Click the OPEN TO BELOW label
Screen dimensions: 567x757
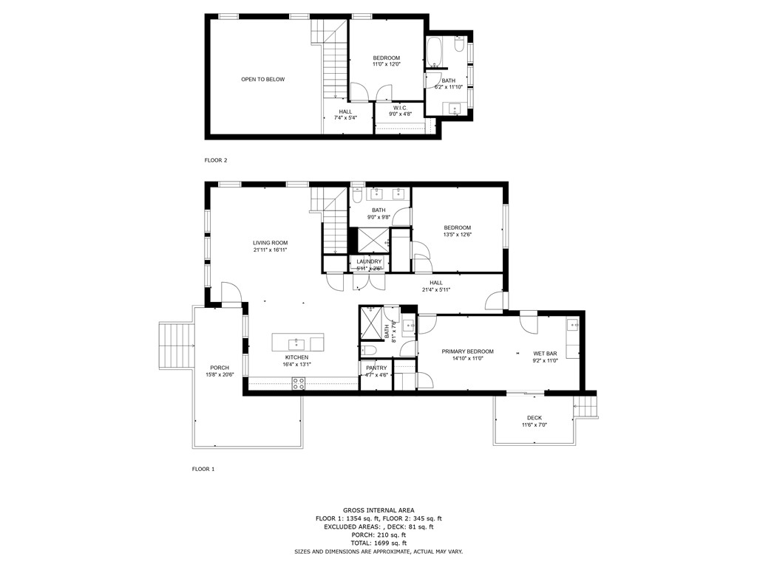pyautogui.click(x=262, y=79)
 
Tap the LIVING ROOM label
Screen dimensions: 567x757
pyautogui.click(x=270, y=242)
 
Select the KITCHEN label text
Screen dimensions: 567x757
pyautogui.click(x=296, y=357)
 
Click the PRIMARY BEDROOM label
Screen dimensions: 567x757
pyautogui.click(x=467, y=351)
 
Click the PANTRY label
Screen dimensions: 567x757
pyautogui.click(x=376, y=368)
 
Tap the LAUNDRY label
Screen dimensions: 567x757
pyautogui.click(x=369, y=261)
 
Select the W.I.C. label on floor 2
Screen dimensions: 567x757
pyautogui.click(x=401, y=108)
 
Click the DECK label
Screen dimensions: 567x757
pyautogui.click(x=534, y=418)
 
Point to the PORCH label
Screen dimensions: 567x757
pyautogui.click(x=219, y=368)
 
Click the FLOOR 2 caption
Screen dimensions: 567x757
pyautogui.click(x=216, y=159)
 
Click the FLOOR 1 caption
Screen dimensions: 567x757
pyautogui.click(x=203, y=469)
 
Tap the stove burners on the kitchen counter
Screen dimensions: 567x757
pyautogui.click(x=299, y=382)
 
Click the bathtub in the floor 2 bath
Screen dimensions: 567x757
pyautogui.click(x=434, y=53)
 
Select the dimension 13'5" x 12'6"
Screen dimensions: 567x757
pyautogui.click(x=457, y=235)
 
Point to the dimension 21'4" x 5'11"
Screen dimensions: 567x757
pyautogui.click(x=436, y=289)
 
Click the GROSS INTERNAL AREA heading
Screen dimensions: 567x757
pyautogui.click(x=378, y=510)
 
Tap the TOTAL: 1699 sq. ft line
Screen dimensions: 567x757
pyautogui.click(x=378, y=543)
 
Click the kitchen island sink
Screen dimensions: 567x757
pyautogui.click(x=296, y=343)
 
